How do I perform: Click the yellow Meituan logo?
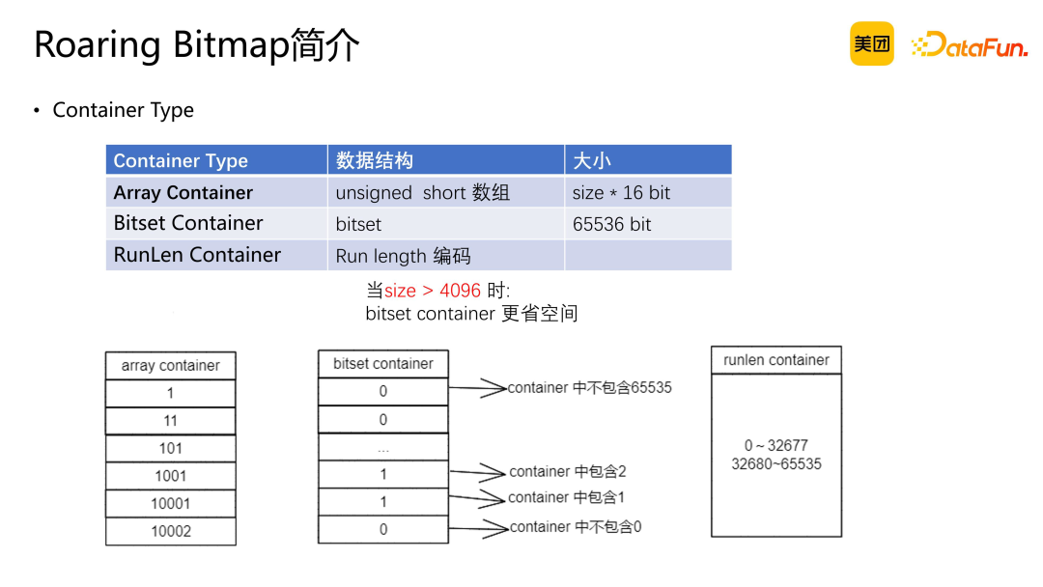point(871,43)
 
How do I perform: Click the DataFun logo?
point(969,44)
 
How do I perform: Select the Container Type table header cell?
point(216,160)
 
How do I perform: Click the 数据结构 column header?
point(445,160)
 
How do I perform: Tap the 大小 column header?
point(647,160)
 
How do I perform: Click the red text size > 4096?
point(433,291)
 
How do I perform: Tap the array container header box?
point(170,366)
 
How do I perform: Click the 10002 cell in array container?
point(170,531)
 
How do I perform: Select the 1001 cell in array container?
point(170,476)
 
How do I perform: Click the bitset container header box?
point(383,364)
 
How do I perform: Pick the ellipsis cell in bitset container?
point(383,447)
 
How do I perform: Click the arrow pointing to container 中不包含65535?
point(478,388)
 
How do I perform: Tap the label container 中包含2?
point(568,471)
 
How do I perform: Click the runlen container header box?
point(776,360)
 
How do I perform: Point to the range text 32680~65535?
point(776,463)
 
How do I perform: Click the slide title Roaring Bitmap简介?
point(197,45)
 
